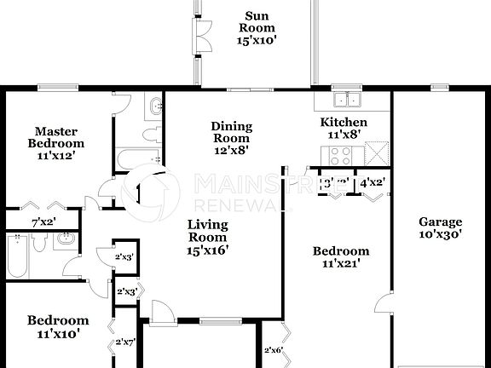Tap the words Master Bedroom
click(x=56, y=137)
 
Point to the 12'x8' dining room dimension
click(x=231, y=150)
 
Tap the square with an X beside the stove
click(x=375, y=154)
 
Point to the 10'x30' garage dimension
click(x=440, y=236)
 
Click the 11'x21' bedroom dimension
click(x=340, y=263)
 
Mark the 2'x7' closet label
click(x=126, y=343)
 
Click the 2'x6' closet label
click(x=274, y=349)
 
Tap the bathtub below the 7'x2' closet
click(x=18, y=253)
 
